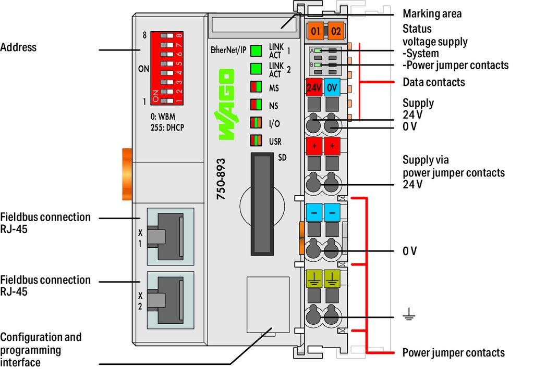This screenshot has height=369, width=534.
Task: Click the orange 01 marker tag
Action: click(315, 31)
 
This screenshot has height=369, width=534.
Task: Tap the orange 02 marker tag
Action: click(335, 31)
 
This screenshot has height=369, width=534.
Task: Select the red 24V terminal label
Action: click(313, 87)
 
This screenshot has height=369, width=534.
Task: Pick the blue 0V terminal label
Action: click(332, 87)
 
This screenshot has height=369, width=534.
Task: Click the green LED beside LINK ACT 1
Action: click(256, 50)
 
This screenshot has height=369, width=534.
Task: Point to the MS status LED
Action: click(256, 86)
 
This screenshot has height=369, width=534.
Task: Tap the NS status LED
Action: click(256, 105)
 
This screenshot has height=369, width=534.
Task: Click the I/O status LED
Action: click(256, 123)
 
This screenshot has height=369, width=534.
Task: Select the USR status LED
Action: click(256, 141)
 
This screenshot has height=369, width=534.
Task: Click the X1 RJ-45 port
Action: click(171, 236)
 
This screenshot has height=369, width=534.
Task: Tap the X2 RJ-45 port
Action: click(171, 300)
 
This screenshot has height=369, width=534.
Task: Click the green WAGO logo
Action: click(225, 104)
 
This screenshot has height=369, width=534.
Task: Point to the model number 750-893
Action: click(221, 179)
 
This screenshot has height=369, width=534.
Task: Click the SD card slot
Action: click(262, 204)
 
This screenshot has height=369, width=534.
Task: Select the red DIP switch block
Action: click(167, 68)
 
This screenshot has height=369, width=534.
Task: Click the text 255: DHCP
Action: click(167, 128)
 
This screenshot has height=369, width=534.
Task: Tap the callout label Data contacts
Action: click(433, 82)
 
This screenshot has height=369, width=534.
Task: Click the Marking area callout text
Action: click(432, 14)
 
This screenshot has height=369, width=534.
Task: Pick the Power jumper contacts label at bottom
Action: click(454, 352)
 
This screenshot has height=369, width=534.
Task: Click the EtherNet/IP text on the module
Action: click(228, 50)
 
